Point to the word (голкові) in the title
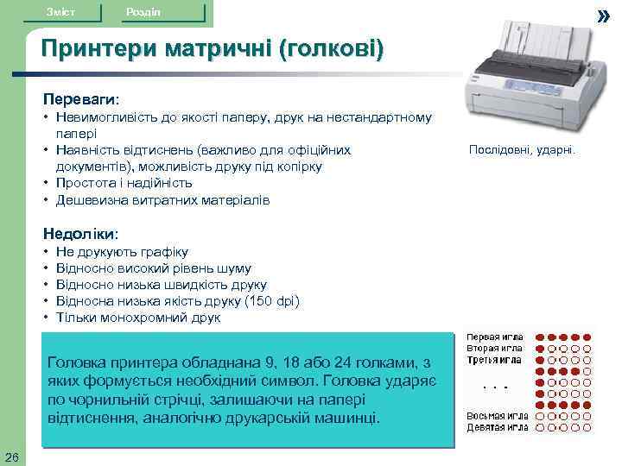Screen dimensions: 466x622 [329, 49]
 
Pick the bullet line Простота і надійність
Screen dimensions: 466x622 [124, 183]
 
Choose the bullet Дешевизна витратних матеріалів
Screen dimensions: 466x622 [162, 199]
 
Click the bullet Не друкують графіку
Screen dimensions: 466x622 [121, 251]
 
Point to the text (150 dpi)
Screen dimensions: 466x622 [271, 300]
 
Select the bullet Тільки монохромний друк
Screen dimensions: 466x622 [137, 317]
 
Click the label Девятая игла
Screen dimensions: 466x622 [498, 426]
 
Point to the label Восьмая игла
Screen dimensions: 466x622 [498, 415]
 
